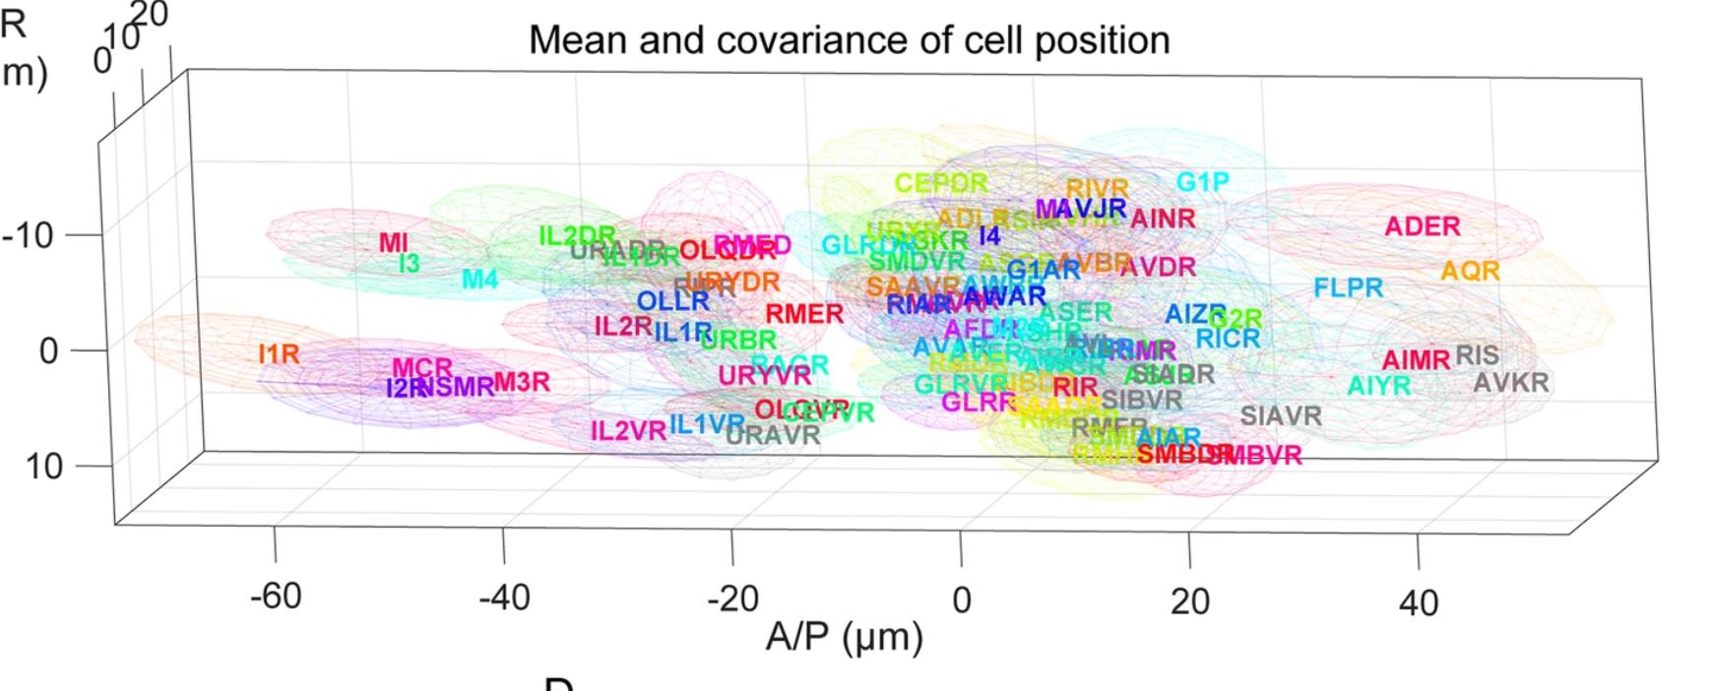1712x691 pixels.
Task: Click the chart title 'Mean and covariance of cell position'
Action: pos(849,40)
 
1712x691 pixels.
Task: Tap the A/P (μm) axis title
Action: pos(844,637)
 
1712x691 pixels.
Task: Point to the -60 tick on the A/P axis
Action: pos(276,597)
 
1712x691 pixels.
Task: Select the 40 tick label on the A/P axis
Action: pos(1418,601)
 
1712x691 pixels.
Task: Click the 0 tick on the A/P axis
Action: pos(961,598)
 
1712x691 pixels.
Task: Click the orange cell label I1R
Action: pos(279,353)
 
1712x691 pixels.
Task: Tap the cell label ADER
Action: pos(1422,226)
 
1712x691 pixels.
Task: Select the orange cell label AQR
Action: pos(1470,271)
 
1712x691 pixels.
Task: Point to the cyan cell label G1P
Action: pos(1203,182)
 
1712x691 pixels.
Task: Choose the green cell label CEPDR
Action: pos(941,183)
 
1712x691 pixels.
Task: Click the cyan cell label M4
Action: pos(480,280)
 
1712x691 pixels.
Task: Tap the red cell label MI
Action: pos(393,242)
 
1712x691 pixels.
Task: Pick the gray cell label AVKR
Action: pos(1510,382)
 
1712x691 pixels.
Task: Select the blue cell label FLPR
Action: pos(1348,288)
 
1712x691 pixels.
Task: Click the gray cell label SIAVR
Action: pos(1280,416)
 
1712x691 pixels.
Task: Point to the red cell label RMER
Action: pos(804,314)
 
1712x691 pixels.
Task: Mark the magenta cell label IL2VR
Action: pos(628,430)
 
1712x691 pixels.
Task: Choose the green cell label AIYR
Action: pos(1378,386)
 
